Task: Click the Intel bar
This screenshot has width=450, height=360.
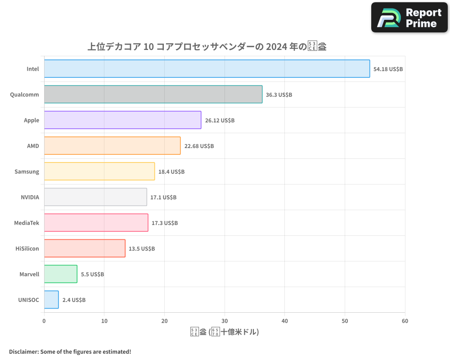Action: point(207,69)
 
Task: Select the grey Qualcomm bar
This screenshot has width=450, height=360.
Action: point(153,94)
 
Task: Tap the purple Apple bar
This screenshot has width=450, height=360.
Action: point(122,120)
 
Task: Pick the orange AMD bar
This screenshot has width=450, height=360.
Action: point(112,146)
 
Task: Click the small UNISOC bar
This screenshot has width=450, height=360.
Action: point(51,300)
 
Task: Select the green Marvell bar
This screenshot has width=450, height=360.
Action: point(61,274)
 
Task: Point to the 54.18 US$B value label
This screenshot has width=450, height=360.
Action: point(388,69)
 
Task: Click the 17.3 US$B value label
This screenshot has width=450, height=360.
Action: point(165,223)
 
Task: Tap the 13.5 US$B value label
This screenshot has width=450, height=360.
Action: point(142,248)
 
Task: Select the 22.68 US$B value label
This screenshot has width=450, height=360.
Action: point(199,146)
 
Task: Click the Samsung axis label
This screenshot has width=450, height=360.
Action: point(27,171)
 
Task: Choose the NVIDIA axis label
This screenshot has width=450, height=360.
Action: point(30,197)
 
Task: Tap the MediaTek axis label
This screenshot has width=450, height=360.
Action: point(27,223)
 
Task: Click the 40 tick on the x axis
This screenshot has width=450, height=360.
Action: point(285,321)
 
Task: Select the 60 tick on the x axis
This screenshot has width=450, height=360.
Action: point(405,321)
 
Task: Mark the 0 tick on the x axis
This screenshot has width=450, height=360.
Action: point(44,321)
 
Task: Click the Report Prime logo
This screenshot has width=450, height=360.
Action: point(409,18)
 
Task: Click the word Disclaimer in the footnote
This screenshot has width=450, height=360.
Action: point(23,351)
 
